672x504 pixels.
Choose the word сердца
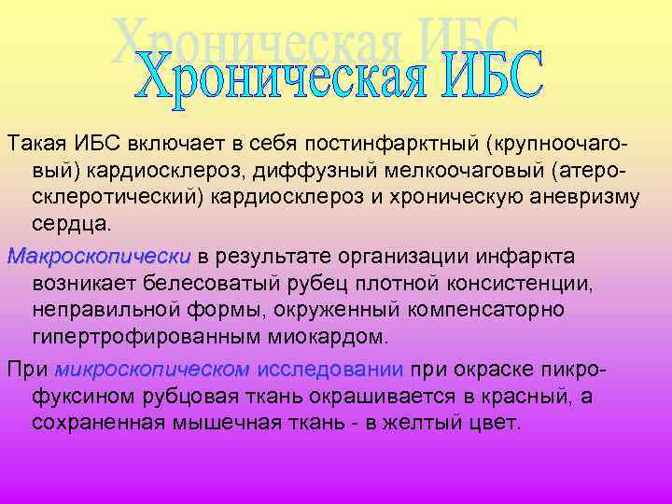click(x=66, y=226)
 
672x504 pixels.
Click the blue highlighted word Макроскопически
click(x=98, y=256)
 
